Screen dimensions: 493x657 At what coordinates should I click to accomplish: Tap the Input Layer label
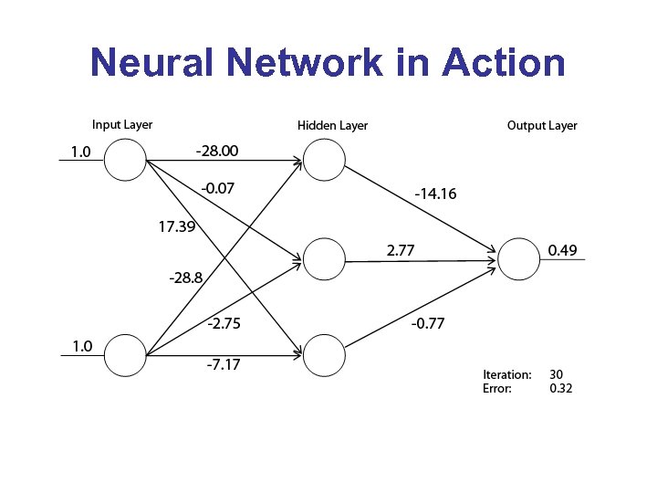pyautogui.click(x=122, y=124)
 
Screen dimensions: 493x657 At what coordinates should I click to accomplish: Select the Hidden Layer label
pyautogui.click(x=333, y=125)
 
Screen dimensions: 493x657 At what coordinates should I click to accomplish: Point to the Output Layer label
pyautogui.click(x=542, y=125)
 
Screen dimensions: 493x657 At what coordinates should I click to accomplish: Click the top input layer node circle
pyautogui.click(x=125, y=162)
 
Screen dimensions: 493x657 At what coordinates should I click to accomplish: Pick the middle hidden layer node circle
pyautogui.click(x=325, y=259)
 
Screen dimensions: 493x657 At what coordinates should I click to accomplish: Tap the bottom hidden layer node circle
pyautogui.click(x=325, y=354)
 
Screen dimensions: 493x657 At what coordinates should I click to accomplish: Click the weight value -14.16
pyautogui.click(x=436, y=194)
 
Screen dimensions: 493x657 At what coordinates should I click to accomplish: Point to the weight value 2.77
pyautogui.click(x=402, y=248)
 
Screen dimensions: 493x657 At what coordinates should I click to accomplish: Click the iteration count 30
pyautogui.click(x=557, y=374)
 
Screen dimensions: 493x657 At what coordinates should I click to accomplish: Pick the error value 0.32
pyautogui.click(x=561, y=388)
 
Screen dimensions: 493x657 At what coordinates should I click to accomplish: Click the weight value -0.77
pyautogui.click(x=428, y=323)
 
